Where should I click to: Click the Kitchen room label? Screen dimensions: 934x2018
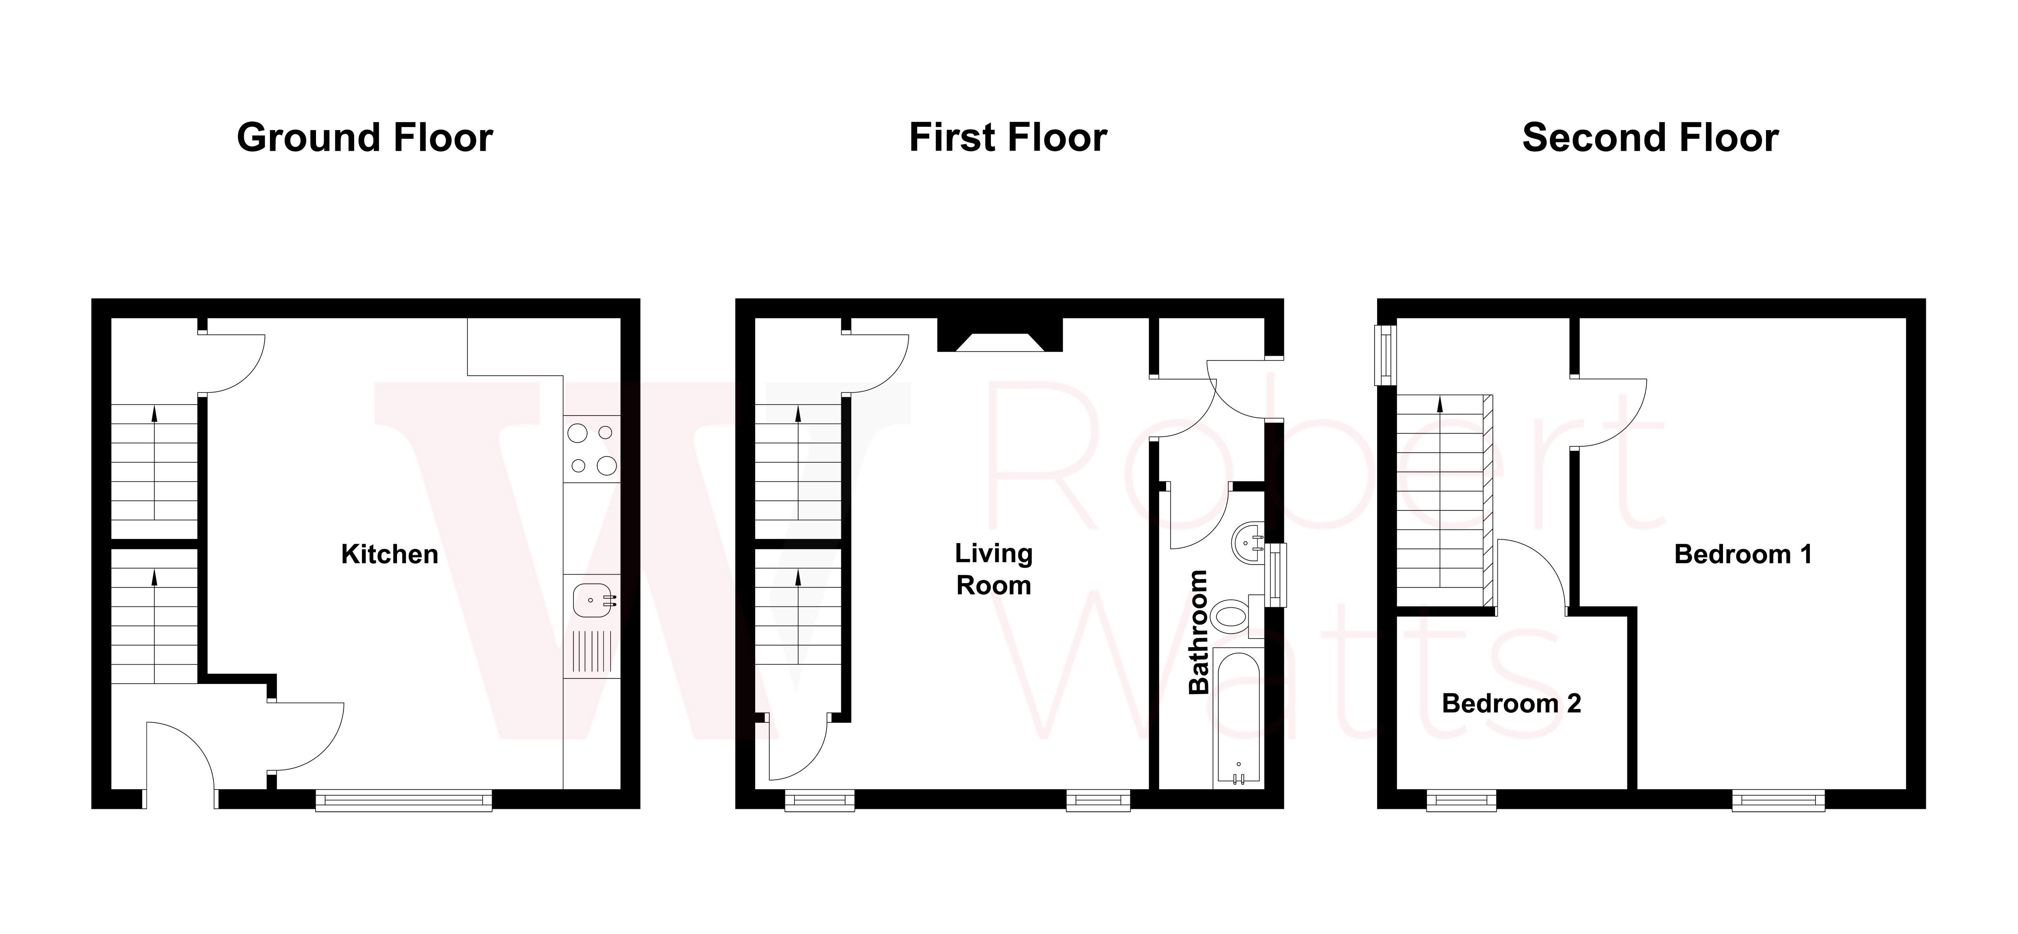[x=389, y=554]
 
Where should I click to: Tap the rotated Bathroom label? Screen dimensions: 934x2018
[x=1199, y=632]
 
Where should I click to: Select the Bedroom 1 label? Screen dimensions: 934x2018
[x=1742, y=554]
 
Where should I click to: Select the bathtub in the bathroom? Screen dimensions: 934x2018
[x=1238, y=717]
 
